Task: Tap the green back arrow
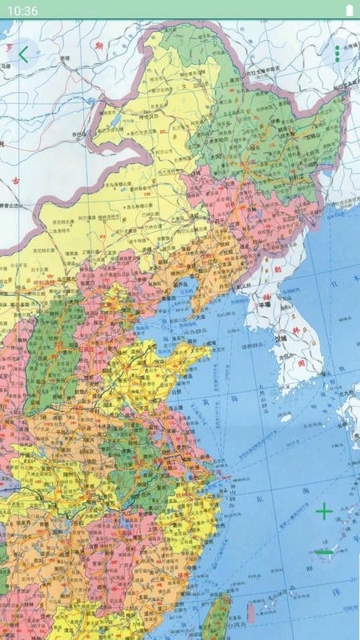(23, 54)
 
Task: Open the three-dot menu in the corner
(337, 54)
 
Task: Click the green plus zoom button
(324, 512)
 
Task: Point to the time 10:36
(25, 10)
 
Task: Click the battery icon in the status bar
(349, 10)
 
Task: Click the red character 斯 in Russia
(99, 46)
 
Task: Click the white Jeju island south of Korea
(286, 417)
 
